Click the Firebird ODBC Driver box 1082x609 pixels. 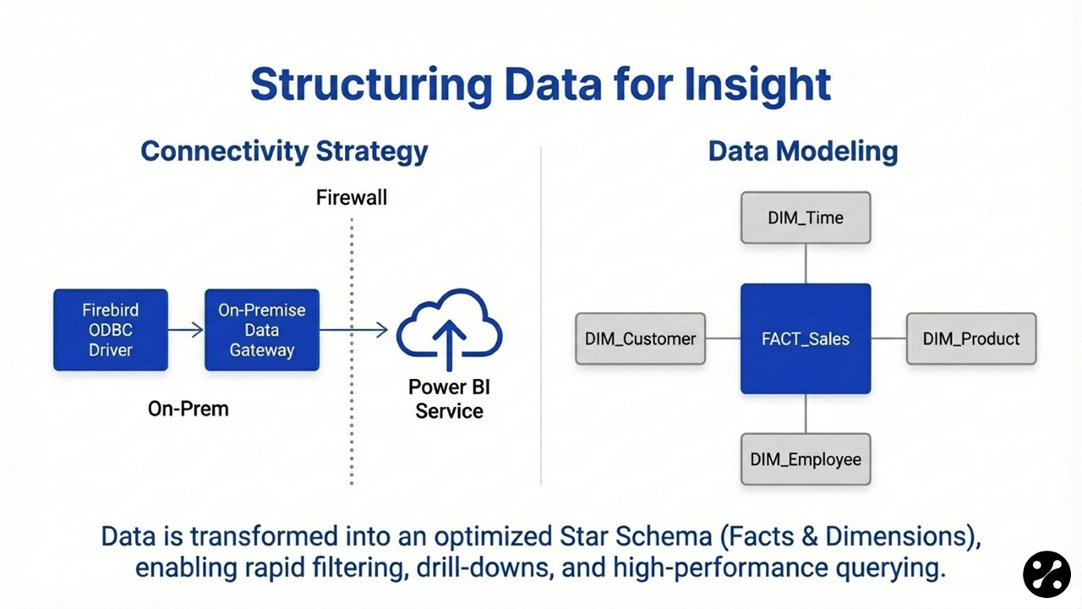point(110,330)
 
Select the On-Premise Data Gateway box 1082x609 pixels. point(262,330)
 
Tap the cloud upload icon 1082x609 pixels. point(449,331)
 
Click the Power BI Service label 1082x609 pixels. point(449,399)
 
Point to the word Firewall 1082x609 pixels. point(352,198)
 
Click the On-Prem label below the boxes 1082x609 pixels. point(188,409)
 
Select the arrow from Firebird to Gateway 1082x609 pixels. point(186,330)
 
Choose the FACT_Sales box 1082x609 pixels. point(806,338)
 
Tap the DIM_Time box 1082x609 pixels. point(806,217)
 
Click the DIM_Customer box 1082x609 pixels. point(640,338)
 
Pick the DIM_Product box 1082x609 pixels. point(970,338)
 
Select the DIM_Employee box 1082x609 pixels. point(806,459)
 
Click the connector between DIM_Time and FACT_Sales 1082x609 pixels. point(806,264)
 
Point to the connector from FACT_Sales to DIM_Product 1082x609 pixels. point(888,338)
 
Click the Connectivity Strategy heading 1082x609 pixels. point(284,151)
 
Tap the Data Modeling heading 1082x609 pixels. point(802,151)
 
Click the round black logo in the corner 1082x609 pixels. point(1046,574)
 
